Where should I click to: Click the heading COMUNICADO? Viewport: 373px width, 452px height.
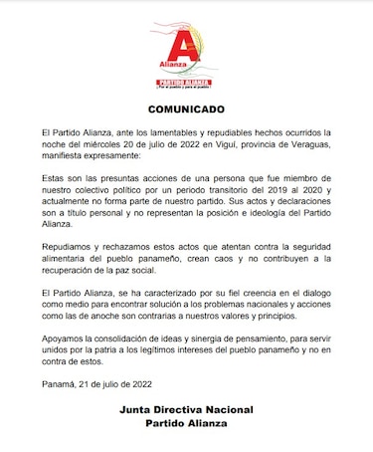coord(186,107)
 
